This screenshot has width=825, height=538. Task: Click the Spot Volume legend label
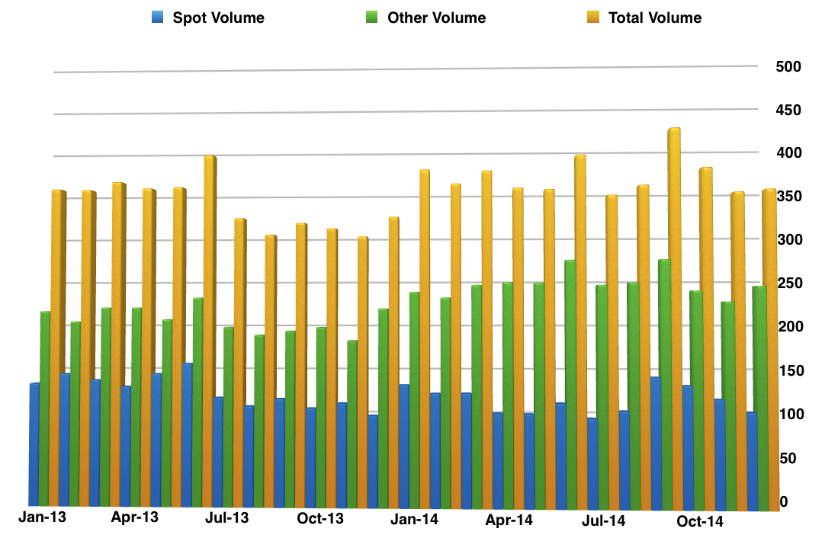(218, 18)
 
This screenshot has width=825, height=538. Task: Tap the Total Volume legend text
(655, 18)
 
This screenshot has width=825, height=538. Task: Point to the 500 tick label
(788, 67)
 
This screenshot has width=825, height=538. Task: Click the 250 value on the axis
(788, 283)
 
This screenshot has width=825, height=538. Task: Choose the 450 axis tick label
(788, 110)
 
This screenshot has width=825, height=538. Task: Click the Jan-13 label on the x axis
(42, 517)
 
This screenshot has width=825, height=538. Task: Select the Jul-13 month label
(227, 518)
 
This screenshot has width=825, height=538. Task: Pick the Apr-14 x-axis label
(509, 520)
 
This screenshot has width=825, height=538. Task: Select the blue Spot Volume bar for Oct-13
(310, 457)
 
